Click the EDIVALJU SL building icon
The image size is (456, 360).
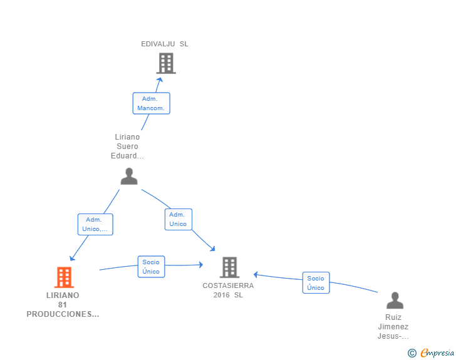(x=166, y=63)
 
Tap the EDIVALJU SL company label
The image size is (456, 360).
(x=165, y=44)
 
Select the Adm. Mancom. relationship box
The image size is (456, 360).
(x=151, y=103)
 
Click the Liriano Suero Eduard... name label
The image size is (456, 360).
(x=127, y=147)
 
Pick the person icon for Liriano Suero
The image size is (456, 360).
(x=129, y=176)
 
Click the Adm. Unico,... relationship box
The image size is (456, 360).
(x=95, y=224)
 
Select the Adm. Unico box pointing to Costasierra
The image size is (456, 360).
(x=179, y=219)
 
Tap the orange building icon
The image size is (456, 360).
(x=65, y=277)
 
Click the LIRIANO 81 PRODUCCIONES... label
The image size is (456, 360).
(x=63, y=305)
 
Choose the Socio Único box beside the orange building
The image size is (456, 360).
(x=151, y=267)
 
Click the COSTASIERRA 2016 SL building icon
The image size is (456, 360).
(x=229, y=267)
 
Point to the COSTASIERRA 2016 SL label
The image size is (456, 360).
(x=228, y=291)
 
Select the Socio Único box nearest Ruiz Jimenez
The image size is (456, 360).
(x=316, y=282)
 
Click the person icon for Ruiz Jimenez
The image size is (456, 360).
(x=395, y=301)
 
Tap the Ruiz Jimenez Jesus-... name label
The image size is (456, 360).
(x=393, y=327)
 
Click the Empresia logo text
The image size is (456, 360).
(x=437, y=352)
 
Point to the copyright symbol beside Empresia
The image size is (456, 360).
(x=412, y=353)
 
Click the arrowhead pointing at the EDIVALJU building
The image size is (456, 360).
(x=160, y=80)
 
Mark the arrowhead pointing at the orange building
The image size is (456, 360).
(x=72, y=258)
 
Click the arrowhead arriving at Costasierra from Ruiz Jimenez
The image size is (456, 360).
(x=256, y=274)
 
